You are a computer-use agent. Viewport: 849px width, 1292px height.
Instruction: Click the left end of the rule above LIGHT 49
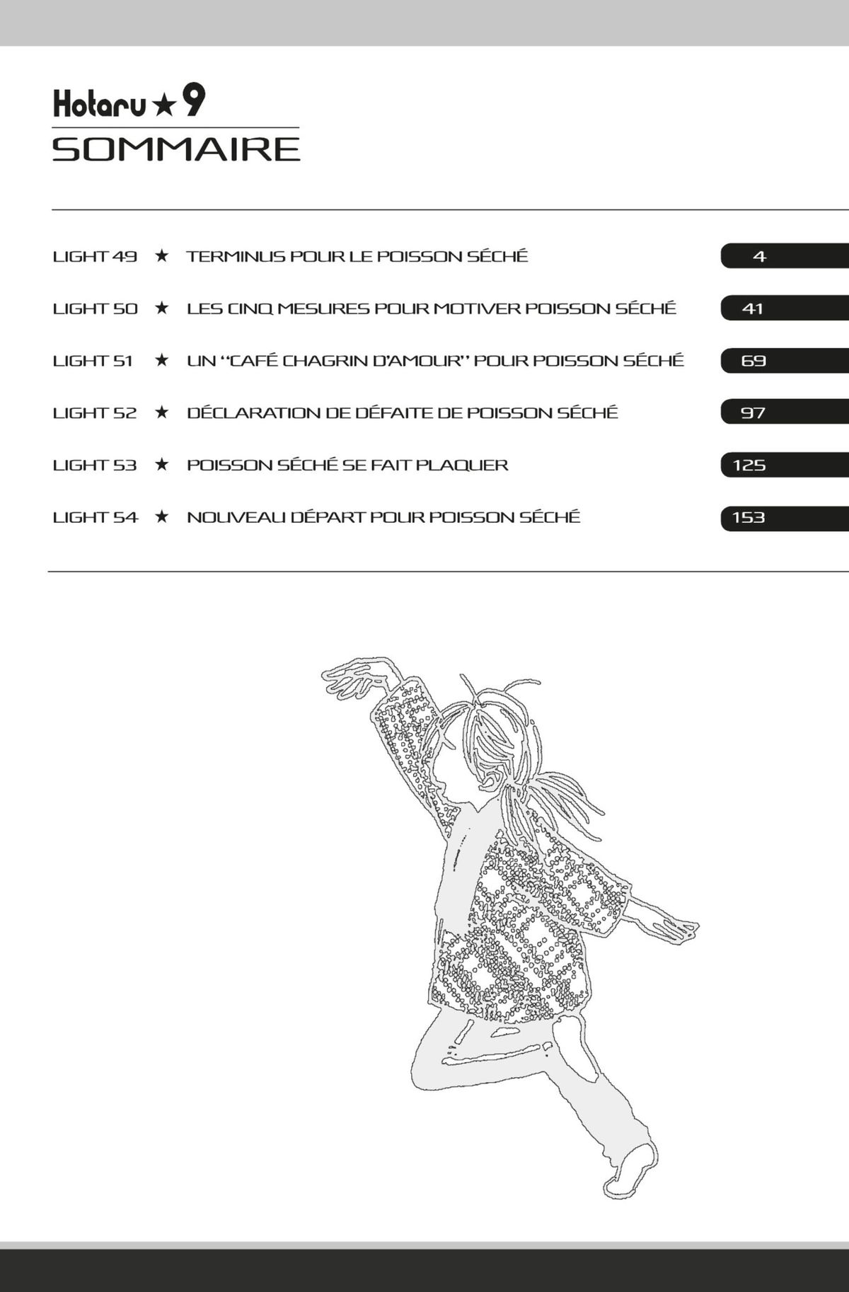(x=52, y=209)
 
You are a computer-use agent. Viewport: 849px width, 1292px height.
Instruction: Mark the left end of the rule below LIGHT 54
(x=48, y=571)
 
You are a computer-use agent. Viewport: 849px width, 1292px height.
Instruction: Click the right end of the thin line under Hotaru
(x=299, y=128)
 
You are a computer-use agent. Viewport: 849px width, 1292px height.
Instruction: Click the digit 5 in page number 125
(x=759, y=466)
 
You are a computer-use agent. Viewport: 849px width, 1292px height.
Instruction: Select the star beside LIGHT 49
(x=162, y=255)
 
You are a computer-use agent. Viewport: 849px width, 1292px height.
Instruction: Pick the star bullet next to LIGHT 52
(x=162, y=412)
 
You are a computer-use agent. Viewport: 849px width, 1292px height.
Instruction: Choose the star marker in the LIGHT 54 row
(x=162, y=517)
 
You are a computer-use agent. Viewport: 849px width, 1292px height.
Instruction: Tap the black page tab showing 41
(x=785, y=308)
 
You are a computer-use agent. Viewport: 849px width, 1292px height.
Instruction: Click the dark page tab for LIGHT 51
(x=785, y=360)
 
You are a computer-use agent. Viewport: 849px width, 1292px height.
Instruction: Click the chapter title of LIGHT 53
(x=347, y=466)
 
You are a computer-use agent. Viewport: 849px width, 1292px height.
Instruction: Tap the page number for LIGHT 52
(x=753, y=413)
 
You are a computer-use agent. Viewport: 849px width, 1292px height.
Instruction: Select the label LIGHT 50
(x=96, y=308)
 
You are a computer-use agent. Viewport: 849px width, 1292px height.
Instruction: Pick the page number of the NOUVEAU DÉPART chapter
(x=749, y=517)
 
